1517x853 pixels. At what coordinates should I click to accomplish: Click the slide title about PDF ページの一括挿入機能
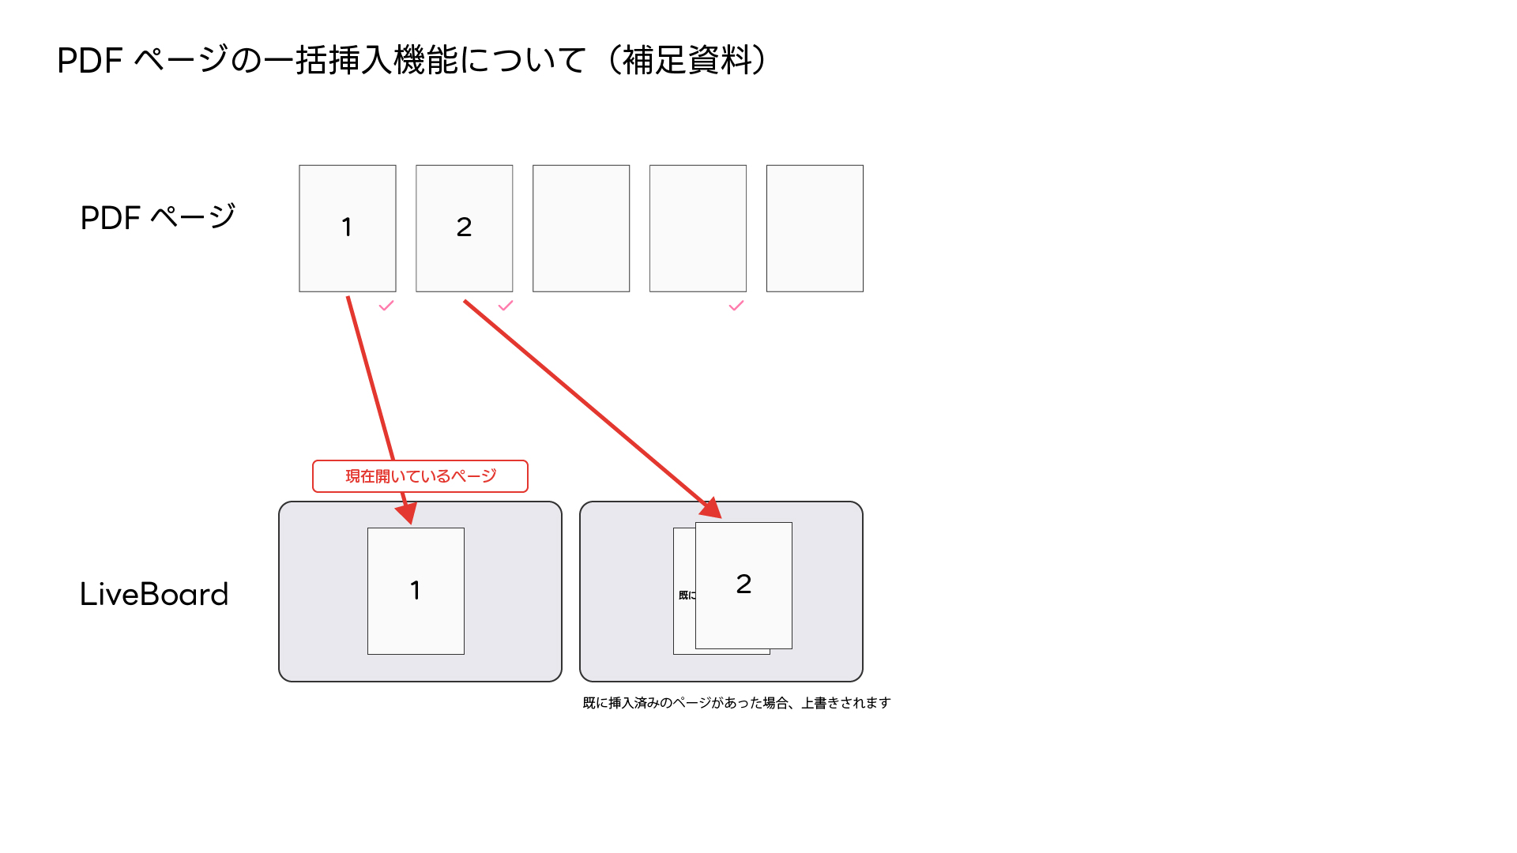point(412,60)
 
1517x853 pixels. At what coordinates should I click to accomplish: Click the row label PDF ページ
point(158,217)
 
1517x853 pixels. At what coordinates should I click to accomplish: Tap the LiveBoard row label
point(154,594)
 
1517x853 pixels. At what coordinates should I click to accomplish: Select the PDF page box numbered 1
point(348,228)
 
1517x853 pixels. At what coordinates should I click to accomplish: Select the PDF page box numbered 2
point(465,228)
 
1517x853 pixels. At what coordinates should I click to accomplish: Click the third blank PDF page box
point(582,228)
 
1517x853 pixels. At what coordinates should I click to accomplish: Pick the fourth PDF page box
point(698,228)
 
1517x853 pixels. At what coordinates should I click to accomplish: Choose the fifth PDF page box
point(815,228)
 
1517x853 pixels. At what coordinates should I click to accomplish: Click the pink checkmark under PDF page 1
point(386,306)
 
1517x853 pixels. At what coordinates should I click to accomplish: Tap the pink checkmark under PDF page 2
point(506,306)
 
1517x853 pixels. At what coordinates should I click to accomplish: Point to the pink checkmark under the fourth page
point(736,306)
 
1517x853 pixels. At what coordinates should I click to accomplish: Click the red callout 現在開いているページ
point(420,476)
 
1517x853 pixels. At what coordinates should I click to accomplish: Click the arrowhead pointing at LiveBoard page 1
point(407,512)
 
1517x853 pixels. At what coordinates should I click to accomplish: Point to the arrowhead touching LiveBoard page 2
point(711,508)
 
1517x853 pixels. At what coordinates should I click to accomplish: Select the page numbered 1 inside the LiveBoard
point(416,591)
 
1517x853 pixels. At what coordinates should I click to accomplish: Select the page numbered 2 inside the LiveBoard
point(743,585)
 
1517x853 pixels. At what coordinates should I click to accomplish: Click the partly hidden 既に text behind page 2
point(687,595)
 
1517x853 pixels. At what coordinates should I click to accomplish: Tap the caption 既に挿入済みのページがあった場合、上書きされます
point(736,703)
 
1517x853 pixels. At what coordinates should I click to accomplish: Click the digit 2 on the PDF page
point(465,227)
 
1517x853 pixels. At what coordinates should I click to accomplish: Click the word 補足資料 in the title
point(687,60)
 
